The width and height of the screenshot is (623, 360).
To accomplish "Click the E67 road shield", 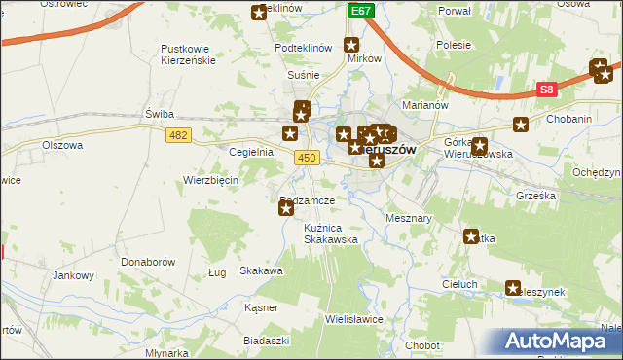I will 361,10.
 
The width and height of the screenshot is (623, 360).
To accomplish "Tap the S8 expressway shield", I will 547,90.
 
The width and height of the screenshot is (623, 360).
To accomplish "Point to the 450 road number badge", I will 308,157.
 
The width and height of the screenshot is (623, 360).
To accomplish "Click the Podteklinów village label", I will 304,47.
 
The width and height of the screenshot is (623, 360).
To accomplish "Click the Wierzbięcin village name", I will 211,180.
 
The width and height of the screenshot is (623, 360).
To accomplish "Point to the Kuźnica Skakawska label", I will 330,233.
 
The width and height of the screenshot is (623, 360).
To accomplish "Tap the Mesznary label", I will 409,219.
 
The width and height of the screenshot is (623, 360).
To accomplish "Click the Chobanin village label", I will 569,119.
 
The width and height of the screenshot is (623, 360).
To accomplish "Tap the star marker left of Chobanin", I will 521,125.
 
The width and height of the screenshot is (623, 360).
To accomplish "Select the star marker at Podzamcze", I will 286,206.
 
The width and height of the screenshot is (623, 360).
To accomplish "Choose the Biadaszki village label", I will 267,341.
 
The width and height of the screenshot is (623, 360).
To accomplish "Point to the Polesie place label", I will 454,45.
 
